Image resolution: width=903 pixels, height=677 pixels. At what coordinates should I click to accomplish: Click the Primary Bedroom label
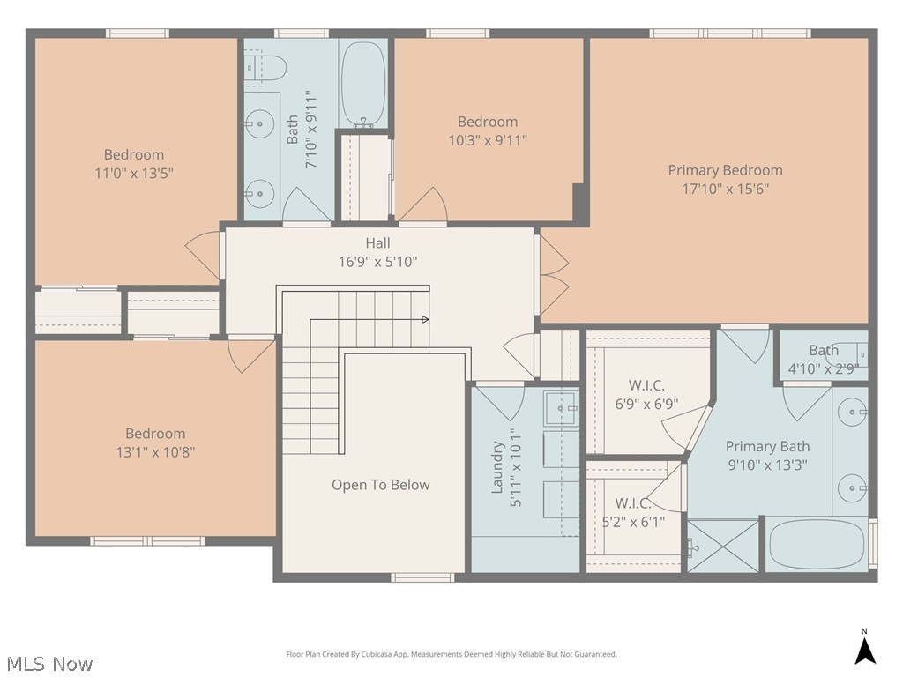[725, 170]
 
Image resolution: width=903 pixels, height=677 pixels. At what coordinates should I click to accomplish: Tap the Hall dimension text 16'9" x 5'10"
[377, 262]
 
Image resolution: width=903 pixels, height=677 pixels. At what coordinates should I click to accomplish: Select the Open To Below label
[381, 485]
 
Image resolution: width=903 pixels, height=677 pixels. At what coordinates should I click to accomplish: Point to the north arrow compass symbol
[865, 649]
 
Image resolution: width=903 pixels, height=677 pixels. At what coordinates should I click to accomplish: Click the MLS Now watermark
[49, 663]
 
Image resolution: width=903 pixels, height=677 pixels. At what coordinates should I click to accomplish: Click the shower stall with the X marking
[723, 547]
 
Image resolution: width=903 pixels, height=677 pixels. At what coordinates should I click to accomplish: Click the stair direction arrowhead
[426, 319]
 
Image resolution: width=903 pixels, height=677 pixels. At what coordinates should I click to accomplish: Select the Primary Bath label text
[767, 447]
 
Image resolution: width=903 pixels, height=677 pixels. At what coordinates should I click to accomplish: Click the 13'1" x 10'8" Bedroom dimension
[155, 452]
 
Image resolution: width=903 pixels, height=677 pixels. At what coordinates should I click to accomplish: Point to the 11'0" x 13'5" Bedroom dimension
[134, 174]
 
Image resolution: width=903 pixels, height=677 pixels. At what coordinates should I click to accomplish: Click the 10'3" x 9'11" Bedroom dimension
[488, 139]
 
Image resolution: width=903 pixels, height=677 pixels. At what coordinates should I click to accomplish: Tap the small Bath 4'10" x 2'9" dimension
[823, 369]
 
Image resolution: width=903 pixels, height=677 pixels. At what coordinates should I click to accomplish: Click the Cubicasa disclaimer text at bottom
[451, 654]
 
